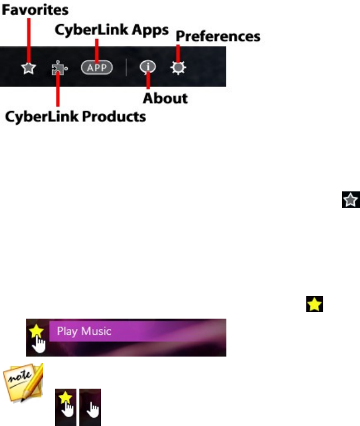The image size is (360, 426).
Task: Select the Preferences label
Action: point(218,36)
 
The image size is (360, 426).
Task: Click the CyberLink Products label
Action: point(75,117)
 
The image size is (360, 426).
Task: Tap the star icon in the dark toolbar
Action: point(28,68)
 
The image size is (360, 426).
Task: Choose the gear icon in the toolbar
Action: point(178,68)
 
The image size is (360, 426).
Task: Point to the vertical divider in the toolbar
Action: point(126,68)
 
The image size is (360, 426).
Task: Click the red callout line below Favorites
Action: point(28,38)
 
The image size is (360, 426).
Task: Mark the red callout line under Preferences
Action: point(177,53)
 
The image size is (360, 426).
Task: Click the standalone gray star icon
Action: point(349,201)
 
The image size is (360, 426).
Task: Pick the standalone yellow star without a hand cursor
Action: point(314,303)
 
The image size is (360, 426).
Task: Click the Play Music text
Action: point(83,331)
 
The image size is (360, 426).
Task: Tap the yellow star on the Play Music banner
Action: point(36,331)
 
